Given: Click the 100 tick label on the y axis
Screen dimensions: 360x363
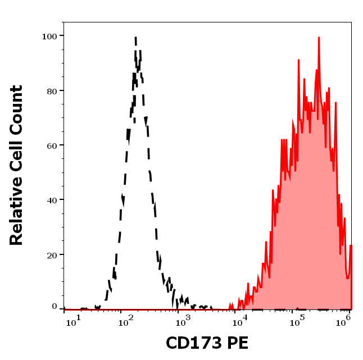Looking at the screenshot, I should pyautogui.click(x=50, y=36).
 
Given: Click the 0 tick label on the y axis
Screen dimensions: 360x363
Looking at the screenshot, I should pyautogui.click(x=55, y=307).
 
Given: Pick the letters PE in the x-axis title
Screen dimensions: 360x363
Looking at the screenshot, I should pyautogui.click(x=237, y=343).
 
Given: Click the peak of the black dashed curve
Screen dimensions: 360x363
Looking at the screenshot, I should pyautogui.click(x=135, y=38).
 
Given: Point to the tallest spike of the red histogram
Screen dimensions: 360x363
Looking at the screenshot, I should pyautogui.click(x=319, y=38).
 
